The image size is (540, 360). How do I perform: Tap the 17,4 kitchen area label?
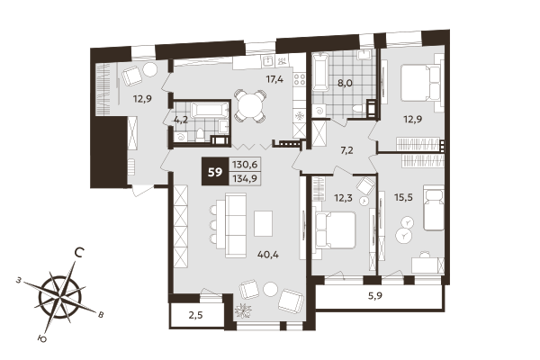point(274,79)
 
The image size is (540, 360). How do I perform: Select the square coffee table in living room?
point(263,221)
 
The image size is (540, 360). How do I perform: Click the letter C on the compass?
point(80,253)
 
